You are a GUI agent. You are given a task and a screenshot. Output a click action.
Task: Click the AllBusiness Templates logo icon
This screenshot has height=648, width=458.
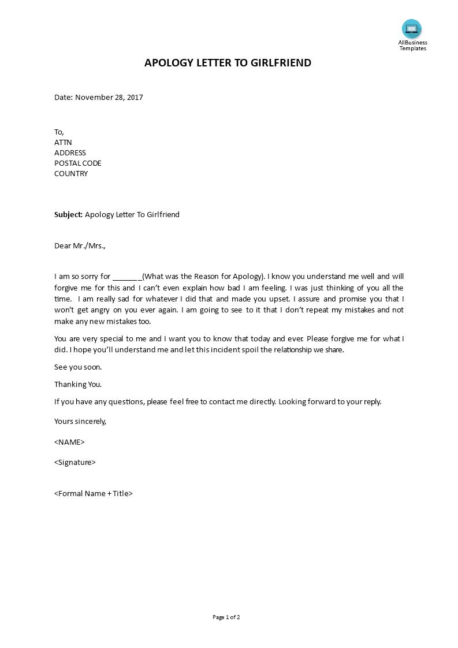[412, 29]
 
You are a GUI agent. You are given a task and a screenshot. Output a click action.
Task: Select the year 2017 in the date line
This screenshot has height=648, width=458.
[134, 98]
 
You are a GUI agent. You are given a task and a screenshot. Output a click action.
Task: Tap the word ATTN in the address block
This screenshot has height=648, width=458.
[63, 143]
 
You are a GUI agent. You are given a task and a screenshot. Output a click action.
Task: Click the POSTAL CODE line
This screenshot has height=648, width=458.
[77, 163]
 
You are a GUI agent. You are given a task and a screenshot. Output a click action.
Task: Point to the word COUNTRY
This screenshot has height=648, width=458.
[71, 174]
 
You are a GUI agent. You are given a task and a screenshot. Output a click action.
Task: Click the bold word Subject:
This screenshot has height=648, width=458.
[69, 215]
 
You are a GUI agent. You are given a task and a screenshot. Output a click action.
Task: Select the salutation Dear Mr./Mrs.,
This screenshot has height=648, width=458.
[80, 246]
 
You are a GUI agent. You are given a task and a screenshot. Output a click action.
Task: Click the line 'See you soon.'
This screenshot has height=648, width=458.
[78, 367]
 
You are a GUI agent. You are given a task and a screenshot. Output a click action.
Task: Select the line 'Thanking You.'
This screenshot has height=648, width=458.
[78, 385]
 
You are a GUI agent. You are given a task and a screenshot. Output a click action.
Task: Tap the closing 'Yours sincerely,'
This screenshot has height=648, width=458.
[80, 422]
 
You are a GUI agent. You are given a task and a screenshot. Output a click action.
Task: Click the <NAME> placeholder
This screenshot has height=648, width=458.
[69, 442]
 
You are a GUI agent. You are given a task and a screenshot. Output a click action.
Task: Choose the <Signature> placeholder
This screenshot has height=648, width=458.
[75, 463]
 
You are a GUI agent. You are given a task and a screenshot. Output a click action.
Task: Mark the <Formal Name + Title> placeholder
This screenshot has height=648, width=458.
[94, 494]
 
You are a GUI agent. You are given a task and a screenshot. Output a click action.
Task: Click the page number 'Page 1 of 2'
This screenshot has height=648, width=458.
[226, 617]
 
